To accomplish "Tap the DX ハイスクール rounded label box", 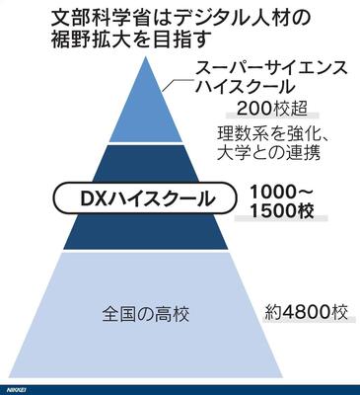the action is pyautogui.click(x=145, y=198).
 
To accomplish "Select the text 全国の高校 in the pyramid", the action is pyautogui.click(x=146, y=314).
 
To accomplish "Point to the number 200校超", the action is pyautogui.click(x=271, y=109).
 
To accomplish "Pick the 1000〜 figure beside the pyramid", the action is pyautogui.click(x=282, y=192).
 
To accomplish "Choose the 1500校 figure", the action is pyautogui.click(x=282, y=211).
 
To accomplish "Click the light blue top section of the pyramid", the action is pyautogui.click(x=146, y=106).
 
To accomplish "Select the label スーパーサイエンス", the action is pyautogui.click(x=271, y=69).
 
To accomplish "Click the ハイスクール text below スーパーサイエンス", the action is pyautogui.click(x=244, y=87).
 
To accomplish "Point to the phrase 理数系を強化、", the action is pyautogui.click(x=273, y=134).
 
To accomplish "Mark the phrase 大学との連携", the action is pyautogui.click(x=268, y=152).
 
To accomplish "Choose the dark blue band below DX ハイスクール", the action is pyautogui.click(x=146, y=232).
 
